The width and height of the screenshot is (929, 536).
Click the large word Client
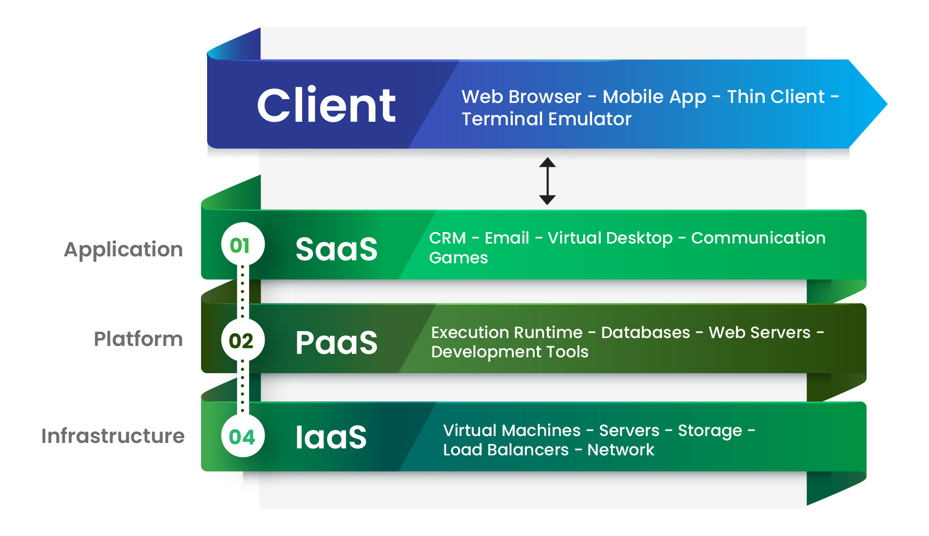[x=326, y=105]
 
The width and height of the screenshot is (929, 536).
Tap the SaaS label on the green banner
[x=336, y=249]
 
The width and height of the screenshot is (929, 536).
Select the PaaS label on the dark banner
[x=336, y=342]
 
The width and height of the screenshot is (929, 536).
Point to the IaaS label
[x=331, y=437]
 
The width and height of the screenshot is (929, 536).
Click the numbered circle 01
[x=243, y=244]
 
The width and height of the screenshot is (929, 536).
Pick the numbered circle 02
[x=243, y=340]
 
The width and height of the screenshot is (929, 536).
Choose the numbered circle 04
[x=243, y=436]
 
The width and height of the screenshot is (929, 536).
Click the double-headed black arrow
[x=547, y=181]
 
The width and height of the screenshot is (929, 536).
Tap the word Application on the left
[x=123, y=250]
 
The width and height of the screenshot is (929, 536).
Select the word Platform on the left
[x=138, y=339]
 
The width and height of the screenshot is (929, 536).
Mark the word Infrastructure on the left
[x=113, y=436]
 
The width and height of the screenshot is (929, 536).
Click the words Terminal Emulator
[x=546, y=119]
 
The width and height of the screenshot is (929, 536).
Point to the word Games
[x=458, y=258]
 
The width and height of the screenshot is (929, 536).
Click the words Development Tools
[x=510, y=352]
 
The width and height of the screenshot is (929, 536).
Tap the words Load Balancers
[x=506, y=450]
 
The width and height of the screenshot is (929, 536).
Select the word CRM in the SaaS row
[x=447, y=238]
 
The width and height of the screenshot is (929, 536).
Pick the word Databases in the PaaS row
[x=646, y=333]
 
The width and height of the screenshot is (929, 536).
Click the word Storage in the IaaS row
[x=710, y=431]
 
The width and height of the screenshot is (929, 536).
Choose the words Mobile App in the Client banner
[x=654, y=97]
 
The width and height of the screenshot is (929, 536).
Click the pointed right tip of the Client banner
[x=887, y=104]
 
